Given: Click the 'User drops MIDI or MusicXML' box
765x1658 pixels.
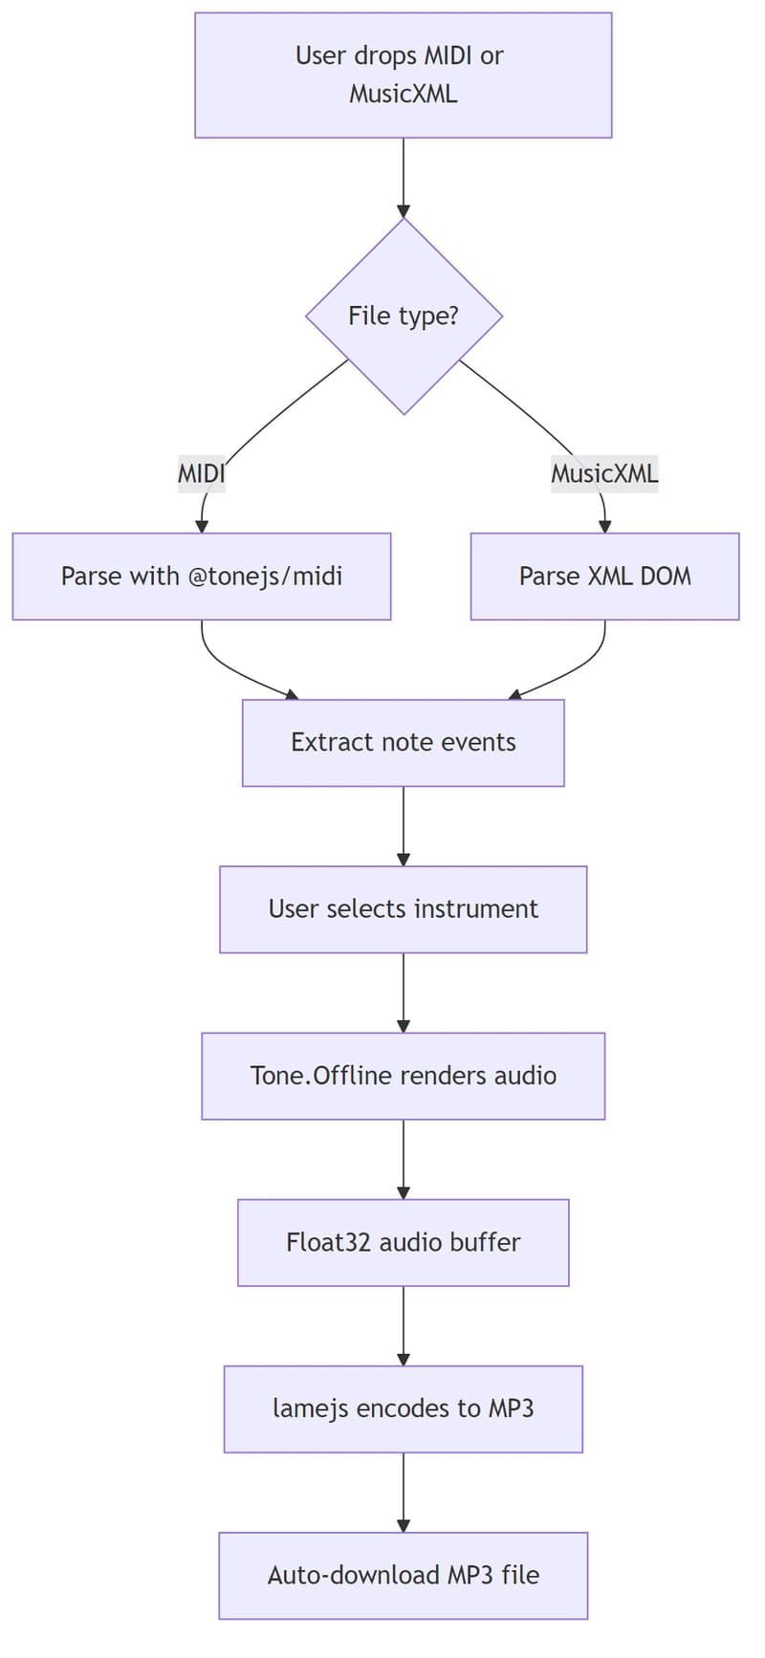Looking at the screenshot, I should (x=403, y=75).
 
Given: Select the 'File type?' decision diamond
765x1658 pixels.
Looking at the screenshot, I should (x=404, y=316).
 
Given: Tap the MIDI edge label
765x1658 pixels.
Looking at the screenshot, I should (x=201, y=472).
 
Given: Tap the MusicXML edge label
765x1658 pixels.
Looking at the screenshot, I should (x=604, y=472).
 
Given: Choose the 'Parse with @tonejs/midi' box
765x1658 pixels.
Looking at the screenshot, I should (x=201, y=576).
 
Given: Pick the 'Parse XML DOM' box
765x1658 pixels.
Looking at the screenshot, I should (x=604, y=576).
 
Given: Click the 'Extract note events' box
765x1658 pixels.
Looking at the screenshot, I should (x=403, y=742).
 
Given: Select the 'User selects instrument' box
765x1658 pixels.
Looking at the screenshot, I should (x=403, y=908).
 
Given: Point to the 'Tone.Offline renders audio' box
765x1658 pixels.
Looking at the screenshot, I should (x=403, y=1075).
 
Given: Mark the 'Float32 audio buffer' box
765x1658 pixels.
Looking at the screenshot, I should (x=403, y=1241).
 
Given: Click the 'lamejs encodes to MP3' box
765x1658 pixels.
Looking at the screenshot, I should (x=403, y=1407).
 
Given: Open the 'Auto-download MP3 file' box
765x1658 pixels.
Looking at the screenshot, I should (x=403, y=1574).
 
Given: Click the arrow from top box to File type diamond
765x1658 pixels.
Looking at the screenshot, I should (x=404, y=177).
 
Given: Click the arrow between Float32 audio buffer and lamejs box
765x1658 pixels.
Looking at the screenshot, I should (x=404, y=1324).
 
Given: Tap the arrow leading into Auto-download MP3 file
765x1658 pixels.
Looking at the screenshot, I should (x=404, y=1492).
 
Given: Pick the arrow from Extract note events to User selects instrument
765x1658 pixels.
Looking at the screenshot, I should (x=404, y=825).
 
